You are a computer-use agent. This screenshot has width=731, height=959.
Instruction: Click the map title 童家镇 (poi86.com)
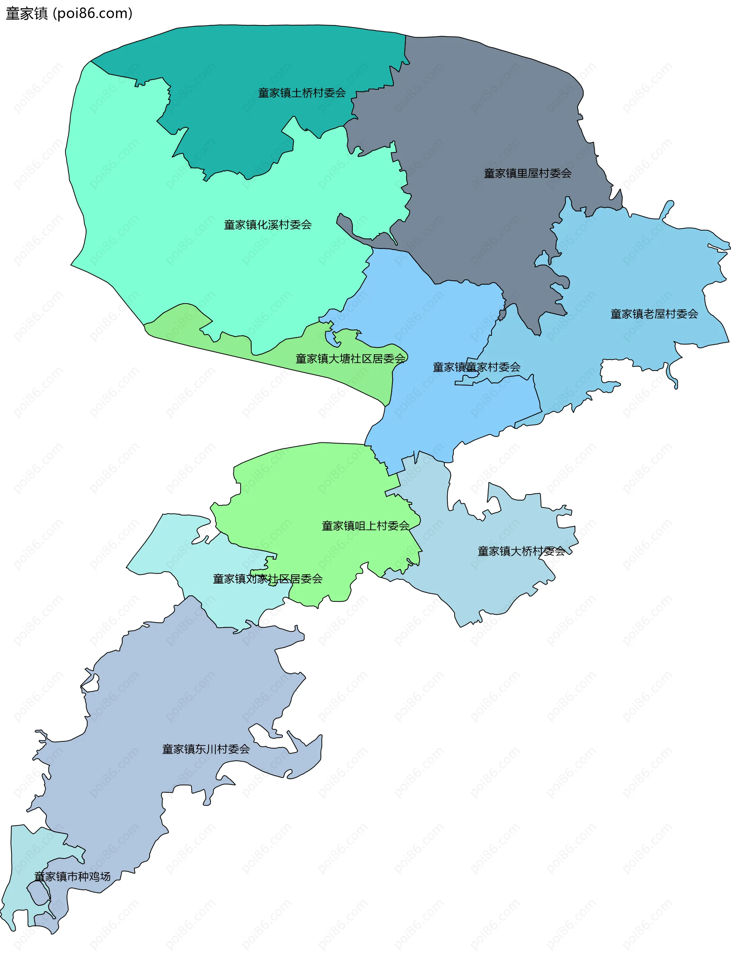tap(69, 13)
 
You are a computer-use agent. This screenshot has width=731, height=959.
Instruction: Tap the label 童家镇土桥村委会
tap(302, 92)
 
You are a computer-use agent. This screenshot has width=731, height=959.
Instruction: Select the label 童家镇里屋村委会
tap(527, 173)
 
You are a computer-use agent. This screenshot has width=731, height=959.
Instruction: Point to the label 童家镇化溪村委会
tap(268, 225)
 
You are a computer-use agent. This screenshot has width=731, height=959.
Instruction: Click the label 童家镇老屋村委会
tap(654, 314)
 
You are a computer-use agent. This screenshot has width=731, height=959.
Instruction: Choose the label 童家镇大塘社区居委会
tap(350, 359)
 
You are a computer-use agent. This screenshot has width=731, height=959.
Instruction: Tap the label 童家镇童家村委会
tap(476, 367)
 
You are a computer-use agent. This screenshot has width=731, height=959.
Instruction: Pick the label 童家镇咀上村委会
tap(365, 526)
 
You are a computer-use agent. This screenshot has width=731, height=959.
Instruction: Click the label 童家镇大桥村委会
tap(521, 551)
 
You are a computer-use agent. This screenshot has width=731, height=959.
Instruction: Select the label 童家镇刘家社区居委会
tap(268, 579)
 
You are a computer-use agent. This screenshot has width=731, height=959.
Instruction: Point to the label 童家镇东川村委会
tap(206, 749)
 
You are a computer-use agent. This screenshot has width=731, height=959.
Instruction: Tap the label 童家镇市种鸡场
tap(72, 876)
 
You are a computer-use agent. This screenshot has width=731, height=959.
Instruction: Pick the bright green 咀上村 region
tap(313, 487)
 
